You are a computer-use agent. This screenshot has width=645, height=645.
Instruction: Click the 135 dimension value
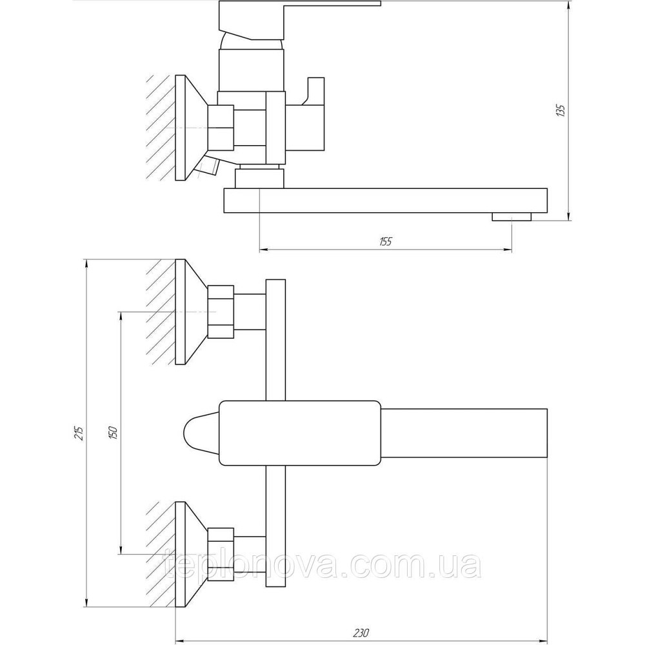pyautogui.click(x=560, y=110)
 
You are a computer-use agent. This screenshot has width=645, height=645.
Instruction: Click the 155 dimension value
pyautogui.click(x=386, y=242)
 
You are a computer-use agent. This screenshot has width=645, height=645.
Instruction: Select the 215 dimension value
pyautogui.click(x=79, y=432)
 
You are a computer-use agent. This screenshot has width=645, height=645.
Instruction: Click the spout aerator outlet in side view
pyautogui.click(x=511, y=217)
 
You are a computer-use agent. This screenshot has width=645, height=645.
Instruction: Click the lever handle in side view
pyautogui.click(x=300, y=13)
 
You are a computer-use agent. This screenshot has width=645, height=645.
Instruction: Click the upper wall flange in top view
pyautogui.click(x=189, y=312)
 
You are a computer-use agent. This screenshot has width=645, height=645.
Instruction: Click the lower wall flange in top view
pyautogui.click(x=189, y=554)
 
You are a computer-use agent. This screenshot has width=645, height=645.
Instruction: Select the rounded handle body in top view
pyautogui.click(x=300, y=432)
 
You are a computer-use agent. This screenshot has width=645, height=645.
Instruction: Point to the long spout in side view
pyautogui.click(x=387, y=200)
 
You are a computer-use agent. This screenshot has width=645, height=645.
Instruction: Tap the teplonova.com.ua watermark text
pyautogui.click(x=322, y=566)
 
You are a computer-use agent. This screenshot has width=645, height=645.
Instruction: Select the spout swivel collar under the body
pyautogui.click(x=258, y=177)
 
